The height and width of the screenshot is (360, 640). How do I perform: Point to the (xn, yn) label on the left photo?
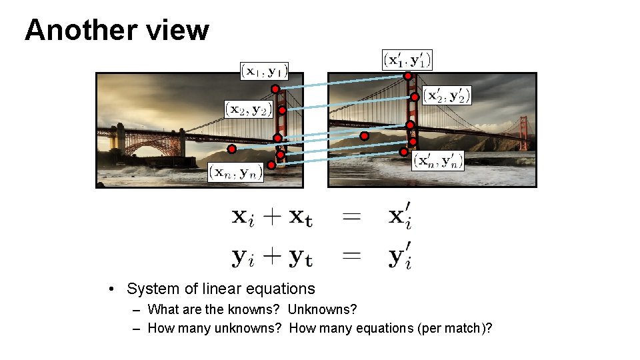(236, 173)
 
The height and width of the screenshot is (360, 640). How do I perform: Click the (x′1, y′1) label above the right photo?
(407, 59)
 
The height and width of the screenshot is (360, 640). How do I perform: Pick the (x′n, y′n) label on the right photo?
(437, 161)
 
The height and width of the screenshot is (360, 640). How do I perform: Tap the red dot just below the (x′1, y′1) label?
(407, 76)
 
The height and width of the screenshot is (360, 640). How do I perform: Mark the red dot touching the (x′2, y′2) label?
(415, 97)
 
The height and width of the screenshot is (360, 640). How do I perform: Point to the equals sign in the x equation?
(351, 217)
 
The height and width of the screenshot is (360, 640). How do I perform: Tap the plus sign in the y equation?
(271, 257)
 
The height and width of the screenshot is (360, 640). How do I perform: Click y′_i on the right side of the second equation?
(400, 257)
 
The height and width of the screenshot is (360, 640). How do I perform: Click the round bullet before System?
(114, 289)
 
